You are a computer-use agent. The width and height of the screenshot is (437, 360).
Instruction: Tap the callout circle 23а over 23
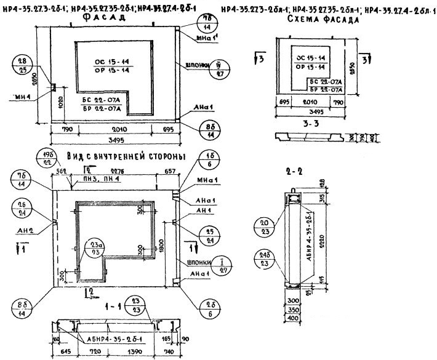95,246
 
